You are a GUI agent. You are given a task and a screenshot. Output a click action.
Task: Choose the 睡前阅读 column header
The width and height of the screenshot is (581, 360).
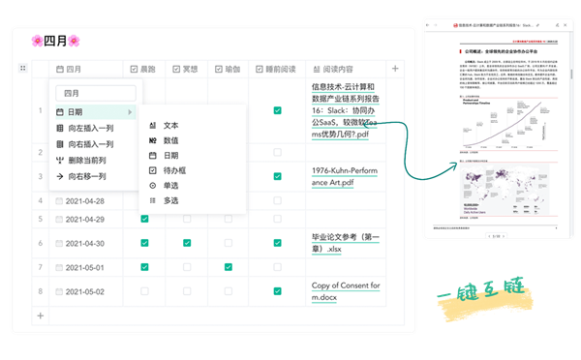tap(277, 69)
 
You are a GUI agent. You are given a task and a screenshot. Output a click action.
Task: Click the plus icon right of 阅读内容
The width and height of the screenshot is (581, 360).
tap(394, 69)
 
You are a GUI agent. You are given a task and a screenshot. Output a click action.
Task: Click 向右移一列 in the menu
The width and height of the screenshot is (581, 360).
tap(86, 177)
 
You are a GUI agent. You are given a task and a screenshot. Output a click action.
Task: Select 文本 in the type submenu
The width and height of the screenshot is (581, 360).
tap(170, 126)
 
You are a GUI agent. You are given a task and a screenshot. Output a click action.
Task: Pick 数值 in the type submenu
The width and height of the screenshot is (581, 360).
tap(170, 140)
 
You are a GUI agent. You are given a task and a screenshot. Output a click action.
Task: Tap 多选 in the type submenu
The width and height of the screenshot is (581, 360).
tap(170, 200)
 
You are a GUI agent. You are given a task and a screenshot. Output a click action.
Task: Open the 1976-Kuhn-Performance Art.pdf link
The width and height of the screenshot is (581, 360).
tap(349, 177)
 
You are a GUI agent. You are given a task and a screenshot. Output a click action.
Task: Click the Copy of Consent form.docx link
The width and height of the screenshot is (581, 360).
tap(346, 291)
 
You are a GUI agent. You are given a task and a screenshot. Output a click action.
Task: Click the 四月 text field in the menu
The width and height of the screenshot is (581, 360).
tap(95, 94)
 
